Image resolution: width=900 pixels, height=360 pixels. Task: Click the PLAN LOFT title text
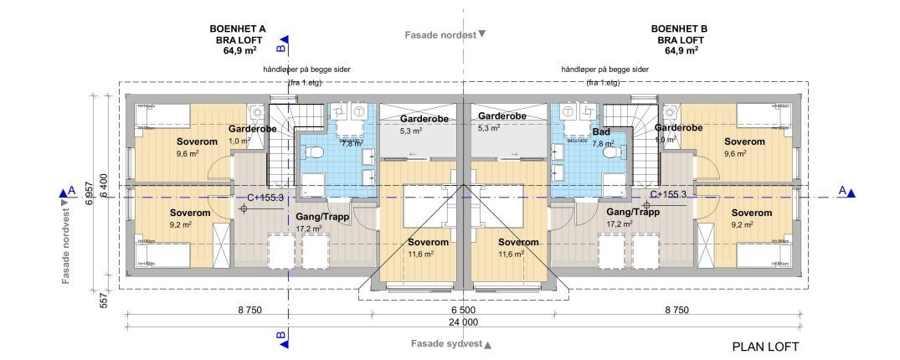pyautogui.click(x=765, y=347)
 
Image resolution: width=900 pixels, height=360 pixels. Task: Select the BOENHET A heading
pyautogui.click(x=238, y=28)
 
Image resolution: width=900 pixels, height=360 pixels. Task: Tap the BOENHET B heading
pyautogui.click(x=679, y=28)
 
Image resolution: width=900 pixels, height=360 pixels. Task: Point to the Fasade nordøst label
pyautogui.click(x=440, y=35)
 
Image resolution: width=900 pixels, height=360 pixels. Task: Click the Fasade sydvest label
pyautogui.click(x=446, y=344)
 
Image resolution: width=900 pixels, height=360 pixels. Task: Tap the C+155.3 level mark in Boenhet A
pyautogui.click(x=265, y=198)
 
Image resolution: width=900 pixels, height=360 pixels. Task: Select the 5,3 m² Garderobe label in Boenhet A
pyautogui.click(x=410, y=131)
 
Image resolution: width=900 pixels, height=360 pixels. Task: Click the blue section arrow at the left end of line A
pyautogui.click(x=63, y=193)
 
